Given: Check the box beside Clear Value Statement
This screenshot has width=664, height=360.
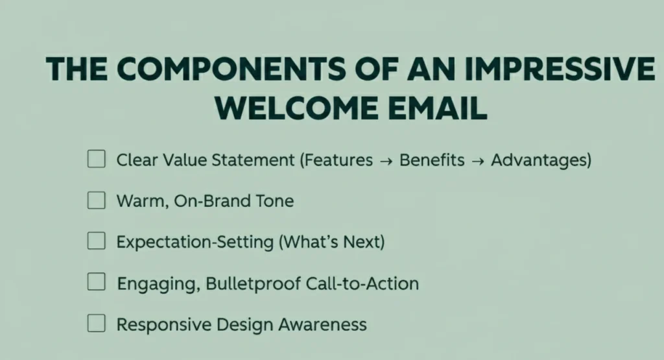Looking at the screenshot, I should pos(96,159).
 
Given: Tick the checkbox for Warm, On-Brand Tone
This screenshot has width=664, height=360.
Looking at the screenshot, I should pos(96,200).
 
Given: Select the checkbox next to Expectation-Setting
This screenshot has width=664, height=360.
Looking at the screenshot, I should pos(96,241).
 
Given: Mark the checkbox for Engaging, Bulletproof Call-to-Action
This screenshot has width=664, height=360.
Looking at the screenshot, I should pos(96,282).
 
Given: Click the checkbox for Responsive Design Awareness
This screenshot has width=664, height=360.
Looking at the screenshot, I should pos(96,323).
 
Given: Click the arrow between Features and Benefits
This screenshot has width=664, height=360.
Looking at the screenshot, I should pos(386,161).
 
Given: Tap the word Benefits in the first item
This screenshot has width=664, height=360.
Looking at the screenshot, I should pos(432,160).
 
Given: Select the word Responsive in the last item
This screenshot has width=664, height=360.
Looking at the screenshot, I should pos(160,324).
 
